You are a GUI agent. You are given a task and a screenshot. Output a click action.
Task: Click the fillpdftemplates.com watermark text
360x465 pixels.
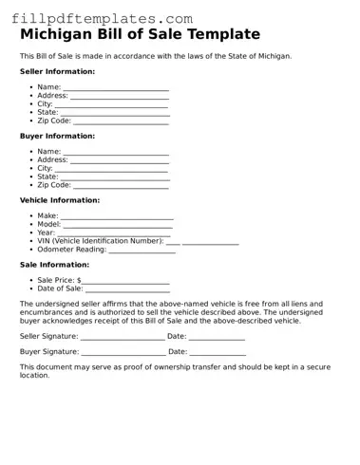[x=102, y=18]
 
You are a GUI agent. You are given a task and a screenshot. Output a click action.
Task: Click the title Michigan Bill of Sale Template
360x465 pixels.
[x=140, y=35]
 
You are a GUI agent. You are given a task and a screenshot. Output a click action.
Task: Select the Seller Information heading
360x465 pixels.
[x=57, y=71]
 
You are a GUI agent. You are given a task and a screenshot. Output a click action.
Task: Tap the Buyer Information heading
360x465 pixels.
[x=57, y=136]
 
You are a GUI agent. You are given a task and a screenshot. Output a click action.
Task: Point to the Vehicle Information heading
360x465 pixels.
[x=59, y=200]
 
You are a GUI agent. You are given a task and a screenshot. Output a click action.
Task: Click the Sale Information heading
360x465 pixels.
[x=54, y=265]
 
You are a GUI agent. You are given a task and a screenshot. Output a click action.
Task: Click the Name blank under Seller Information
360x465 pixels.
[x=116, y=89]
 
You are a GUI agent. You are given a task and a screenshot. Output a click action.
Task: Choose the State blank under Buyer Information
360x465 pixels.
[x=115, y=178]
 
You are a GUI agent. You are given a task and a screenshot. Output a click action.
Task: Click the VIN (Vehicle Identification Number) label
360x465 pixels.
[x=100, y=241]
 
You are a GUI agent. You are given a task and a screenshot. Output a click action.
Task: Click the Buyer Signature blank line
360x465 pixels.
[x=123, y=354]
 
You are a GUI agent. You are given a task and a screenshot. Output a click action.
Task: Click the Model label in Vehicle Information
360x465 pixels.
[x=48, y=224]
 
